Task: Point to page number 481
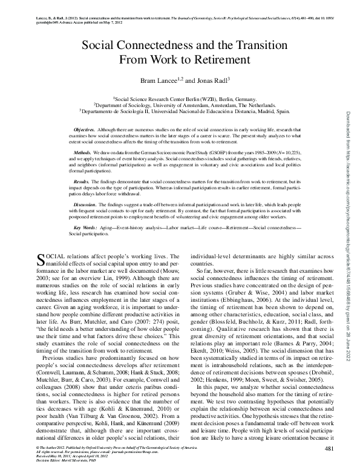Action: pos(329,448)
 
